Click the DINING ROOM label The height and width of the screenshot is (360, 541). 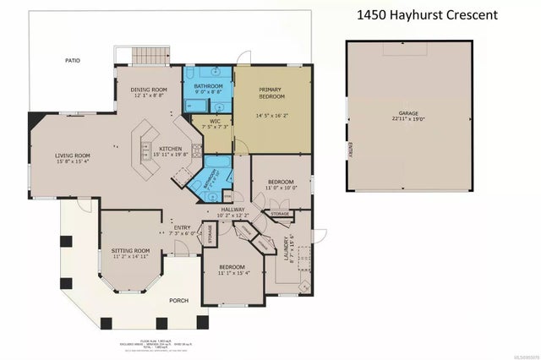pyautogui.click(x=148, y=90)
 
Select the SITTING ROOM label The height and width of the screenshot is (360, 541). pyautogui.click(x=130, y=250)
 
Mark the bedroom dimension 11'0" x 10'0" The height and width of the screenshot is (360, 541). pyautogui.click(x=281, y=189)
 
